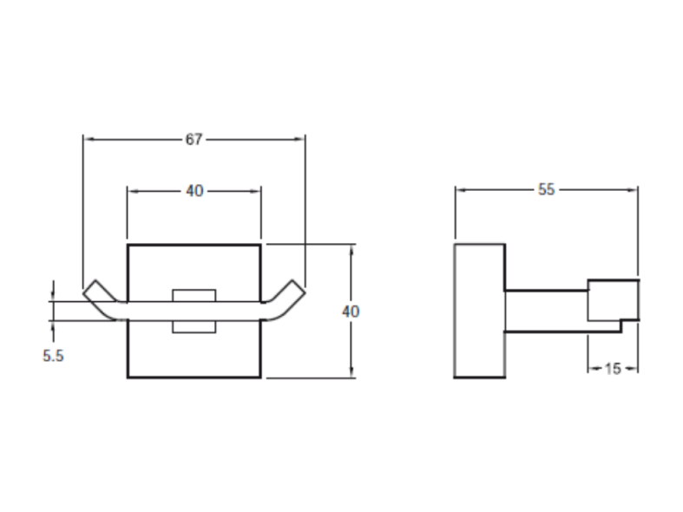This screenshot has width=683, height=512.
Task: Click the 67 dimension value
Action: (x=194, y=140)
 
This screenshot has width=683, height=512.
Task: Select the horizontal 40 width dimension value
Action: (x=194, y=191)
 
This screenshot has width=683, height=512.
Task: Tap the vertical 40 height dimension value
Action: (x=351, y=312)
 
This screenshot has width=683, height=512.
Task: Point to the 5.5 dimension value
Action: (x=53, y=356)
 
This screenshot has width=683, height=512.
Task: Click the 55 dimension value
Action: (x=546, y=189)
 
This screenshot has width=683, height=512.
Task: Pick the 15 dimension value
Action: (x=613, y=369)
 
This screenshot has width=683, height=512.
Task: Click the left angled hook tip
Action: (x=89, y=287)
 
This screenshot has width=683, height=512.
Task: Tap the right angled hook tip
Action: (x=298, y=287)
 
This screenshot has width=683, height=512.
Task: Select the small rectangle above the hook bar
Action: (x=194, y=295)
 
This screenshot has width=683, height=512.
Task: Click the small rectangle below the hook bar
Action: (x=194, y=327)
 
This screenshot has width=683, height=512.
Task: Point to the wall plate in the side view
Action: (x=480, y=311)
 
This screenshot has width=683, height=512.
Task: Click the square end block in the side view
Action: (x=613, y=300)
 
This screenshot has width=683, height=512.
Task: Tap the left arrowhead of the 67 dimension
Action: (x=89, y=140)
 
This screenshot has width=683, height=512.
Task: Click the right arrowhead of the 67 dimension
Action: (x=299, y=140)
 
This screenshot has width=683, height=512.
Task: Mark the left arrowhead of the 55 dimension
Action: (x=461, y=190)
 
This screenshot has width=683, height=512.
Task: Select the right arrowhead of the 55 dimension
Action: (x=632, y=190)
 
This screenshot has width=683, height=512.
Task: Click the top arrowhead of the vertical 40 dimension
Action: (x=351, y=250)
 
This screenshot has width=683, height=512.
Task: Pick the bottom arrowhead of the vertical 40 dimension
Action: (x=351, y=371)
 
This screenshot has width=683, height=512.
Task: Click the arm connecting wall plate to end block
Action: (x=547, y=311)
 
